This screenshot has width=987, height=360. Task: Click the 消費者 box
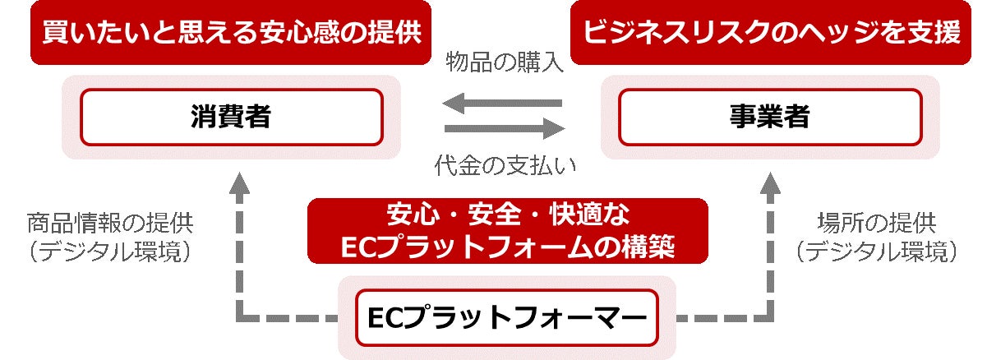(x=231, y=117)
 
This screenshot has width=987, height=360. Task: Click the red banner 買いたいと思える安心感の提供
(x=231, y=33)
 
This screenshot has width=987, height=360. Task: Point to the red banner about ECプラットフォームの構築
(x=507, y=231)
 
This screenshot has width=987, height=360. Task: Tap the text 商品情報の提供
(x=115, y=222)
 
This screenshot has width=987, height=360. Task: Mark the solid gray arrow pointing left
(x=502, y=104)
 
